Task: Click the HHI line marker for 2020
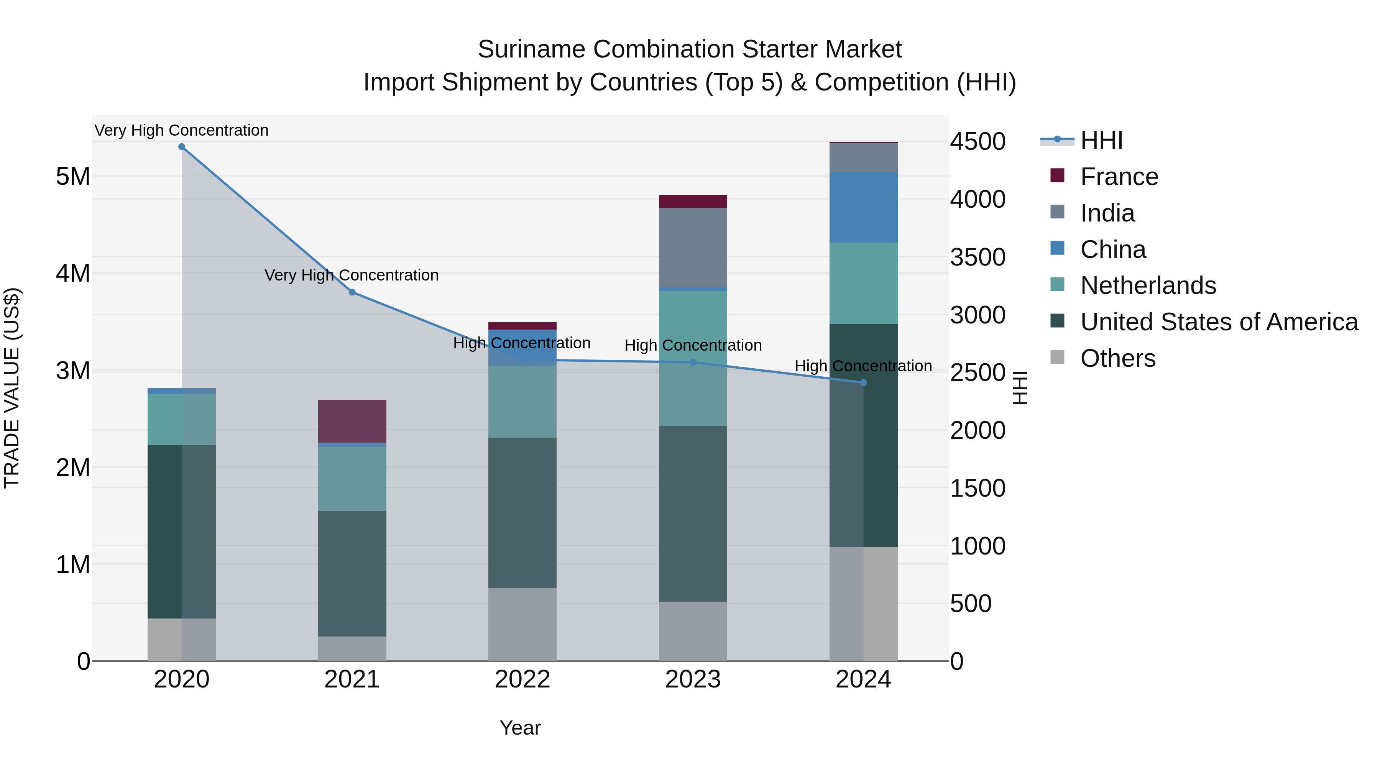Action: pyautogui.click(x=182, y=147)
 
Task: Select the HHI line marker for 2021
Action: pyautogui.click(x=352, y=292)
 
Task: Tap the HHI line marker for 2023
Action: pyautogui.click(x=693, y=363)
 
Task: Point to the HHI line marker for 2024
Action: pyautogui.click(x=863, y=383)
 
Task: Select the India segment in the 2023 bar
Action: pyautogui.click(x=693, y=248)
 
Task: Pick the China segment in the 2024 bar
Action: pyautogui.click(x=863, y=207)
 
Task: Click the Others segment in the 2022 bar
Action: pyautogui.click(x=522, y=625)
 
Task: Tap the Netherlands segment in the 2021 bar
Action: pyautogui.click(x=352, y=479)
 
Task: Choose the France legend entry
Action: pyautogui.click(x=1119, y=177)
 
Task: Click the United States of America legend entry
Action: pyautogui.click(x=1219, y=322)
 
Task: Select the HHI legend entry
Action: pyautogui.click(x=1101, y=140)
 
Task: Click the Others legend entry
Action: pyautogui.click(x=1117, y=358)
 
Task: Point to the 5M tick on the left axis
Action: pyautogui.click(x=73, y=176)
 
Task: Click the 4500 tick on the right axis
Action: pyautogui.click(x=978, y=142)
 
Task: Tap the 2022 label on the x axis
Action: pyautogui.click(x=522, y=679)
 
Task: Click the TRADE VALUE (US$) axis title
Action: pyautogui.click(x=12, y=388)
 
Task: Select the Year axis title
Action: pyautogui.click(x=520, y=728)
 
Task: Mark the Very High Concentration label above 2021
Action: pyautogui.click(x=352, y=275)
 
